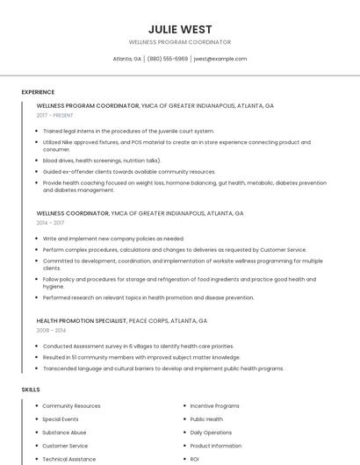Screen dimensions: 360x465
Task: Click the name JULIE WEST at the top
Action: tap(179, 29)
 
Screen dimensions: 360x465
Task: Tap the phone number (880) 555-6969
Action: tap(167, 59)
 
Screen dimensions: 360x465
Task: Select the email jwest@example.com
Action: tap(220, 59)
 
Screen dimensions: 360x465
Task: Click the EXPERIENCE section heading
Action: tap(38, 92)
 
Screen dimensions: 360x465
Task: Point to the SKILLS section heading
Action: tap(31, 389)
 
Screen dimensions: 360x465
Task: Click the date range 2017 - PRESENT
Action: tap(54, 115)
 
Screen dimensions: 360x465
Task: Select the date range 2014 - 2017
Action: tap(50, 223)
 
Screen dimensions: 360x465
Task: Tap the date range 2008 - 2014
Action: tap(50, 331)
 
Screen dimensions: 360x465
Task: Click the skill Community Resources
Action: tap(71, 406)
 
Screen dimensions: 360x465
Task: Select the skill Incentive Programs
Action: tap(214, 406)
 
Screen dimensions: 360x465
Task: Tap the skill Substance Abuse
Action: tap(64, 433)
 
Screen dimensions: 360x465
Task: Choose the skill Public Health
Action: tap(206, 419)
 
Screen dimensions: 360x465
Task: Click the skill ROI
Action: tap(195, 459)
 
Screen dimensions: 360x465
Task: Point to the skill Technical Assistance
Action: tap(69, 459)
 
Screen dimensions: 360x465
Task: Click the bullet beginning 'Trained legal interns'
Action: tap(128, 131)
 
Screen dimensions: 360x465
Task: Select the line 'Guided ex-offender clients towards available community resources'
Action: tap(129, 172)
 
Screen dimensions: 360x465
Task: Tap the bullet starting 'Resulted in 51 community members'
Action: tap(141, 357)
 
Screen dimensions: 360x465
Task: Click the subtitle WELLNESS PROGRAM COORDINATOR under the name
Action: tap(179, 42)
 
